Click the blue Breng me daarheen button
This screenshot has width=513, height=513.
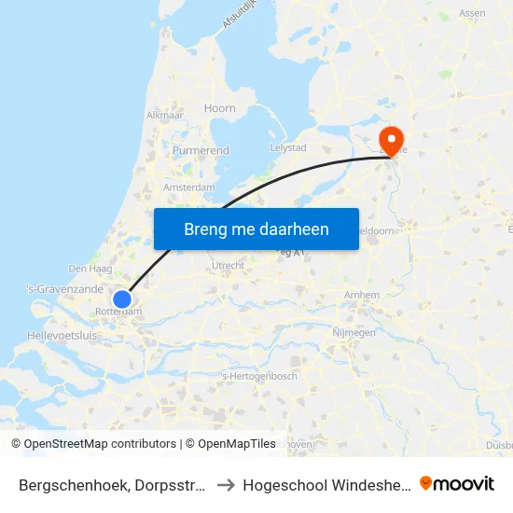point(256,229)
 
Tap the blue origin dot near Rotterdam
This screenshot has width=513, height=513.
point(122,299)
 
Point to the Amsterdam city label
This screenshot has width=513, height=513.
point(189,187)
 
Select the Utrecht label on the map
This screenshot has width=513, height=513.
point(229,266)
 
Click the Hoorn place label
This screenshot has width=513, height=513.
point(220,108)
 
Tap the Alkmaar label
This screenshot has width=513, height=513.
point(163,116)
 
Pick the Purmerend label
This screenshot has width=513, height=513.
point(201,150)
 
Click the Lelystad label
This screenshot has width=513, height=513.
point(287,148)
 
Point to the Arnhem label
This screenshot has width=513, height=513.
point(362,295)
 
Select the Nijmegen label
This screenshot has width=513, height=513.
point(353,332)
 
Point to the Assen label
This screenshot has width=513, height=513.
point(472,13)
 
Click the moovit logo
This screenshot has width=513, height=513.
point(457,483)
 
